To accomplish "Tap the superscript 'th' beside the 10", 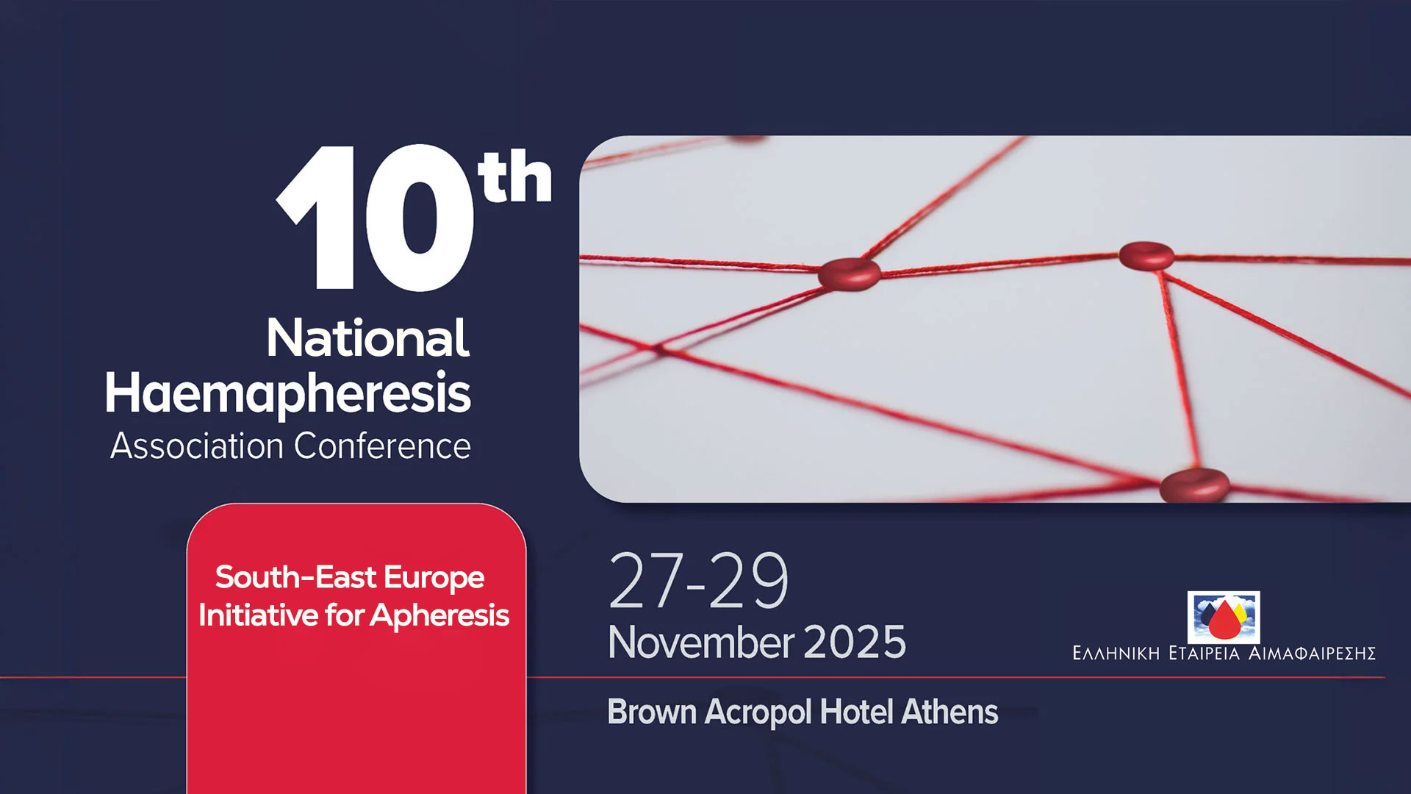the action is click(514, 176).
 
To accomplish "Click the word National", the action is click(367, 338).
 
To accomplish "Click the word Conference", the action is click(382, 446).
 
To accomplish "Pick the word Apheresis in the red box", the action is click(439, 615).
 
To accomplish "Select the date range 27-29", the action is click(699, 581).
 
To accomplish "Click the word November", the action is click(701, 642).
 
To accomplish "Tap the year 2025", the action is click(855, 643).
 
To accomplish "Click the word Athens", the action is click(950, 712).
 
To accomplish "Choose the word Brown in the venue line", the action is click(652, 712).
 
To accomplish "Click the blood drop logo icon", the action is click(1224, 618).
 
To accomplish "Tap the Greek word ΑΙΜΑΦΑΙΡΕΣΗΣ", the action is click(1313, 653).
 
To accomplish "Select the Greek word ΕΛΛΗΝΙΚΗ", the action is click(1116, 653).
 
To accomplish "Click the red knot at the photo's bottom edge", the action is click(1194, 485).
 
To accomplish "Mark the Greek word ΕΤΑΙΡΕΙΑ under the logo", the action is click(1204, 653).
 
